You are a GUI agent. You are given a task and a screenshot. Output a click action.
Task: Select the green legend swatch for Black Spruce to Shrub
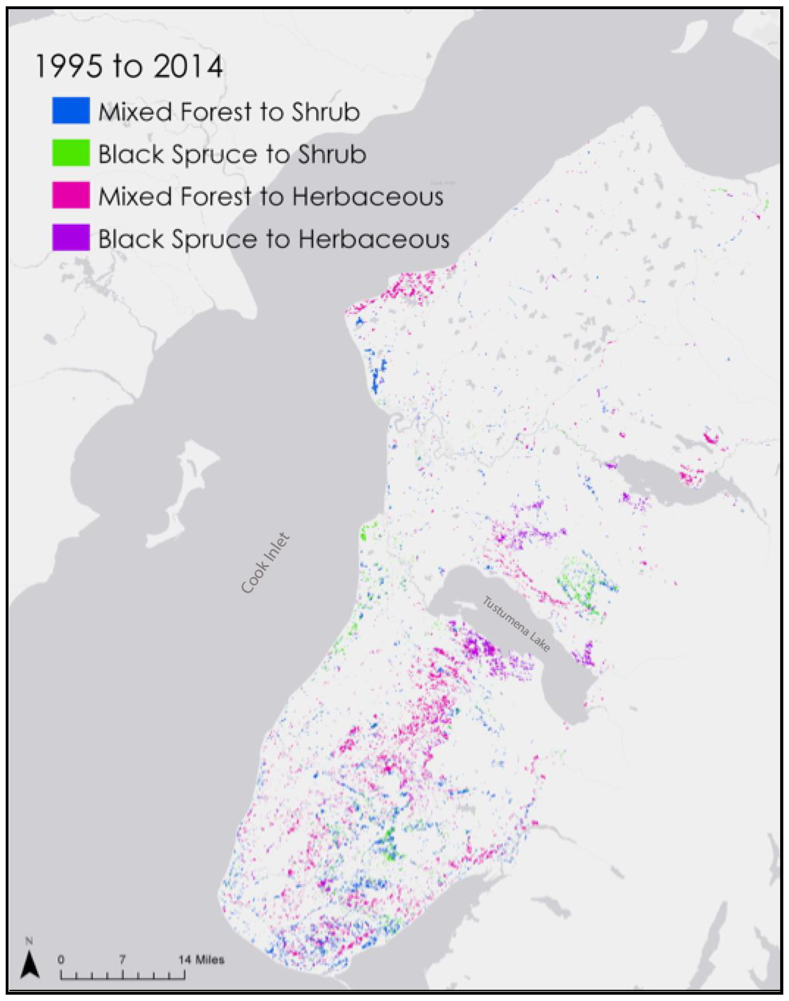pos(71,153)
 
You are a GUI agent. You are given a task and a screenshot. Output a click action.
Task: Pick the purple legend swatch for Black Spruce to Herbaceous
pos(71,238)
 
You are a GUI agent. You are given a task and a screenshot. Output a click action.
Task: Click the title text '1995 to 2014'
pos(129,67)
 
